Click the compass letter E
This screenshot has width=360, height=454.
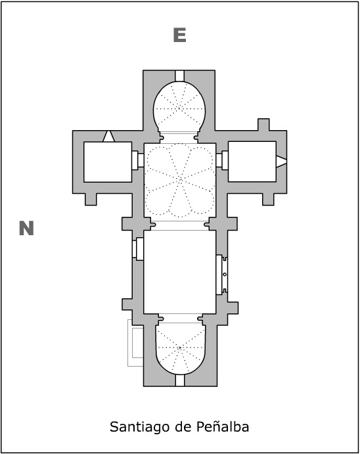(179, 35)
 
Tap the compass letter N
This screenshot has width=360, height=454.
(26, 228)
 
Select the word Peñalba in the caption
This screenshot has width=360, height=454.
(223, 426)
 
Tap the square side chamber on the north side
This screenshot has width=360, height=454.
(108, 162)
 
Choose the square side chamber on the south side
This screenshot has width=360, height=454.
(252, 162)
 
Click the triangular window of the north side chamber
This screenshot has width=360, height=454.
(108, 137)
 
